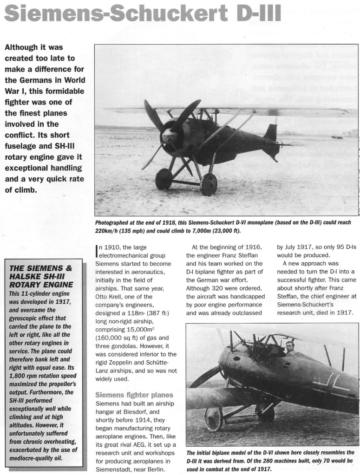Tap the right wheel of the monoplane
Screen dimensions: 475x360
[209, 184]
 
